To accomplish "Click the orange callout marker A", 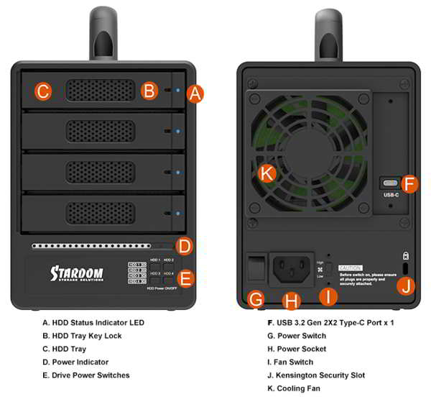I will [x=195, y=92].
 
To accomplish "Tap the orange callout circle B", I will [x=149, y=90].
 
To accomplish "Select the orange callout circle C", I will [x=43, y=91].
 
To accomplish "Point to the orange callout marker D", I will [x=185, y=246].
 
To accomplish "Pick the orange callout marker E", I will [x=185, y=278].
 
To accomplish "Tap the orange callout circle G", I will [x=255, y=298].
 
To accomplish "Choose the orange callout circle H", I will [x=291, y=301].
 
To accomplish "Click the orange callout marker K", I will [x=267, y=173].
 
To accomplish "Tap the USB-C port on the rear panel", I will [x=391, y=183].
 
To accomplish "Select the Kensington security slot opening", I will [x=406, y=268].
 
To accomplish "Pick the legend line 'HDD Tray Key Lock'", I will [x=82, y=335].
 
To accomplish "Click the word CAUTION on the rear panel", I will [x=350, y=268].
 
